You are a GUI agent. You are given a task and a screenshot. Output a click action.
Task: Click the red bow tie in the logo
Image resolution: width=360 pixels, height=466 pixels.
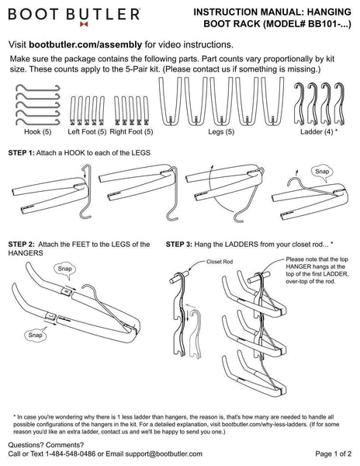pyautogui.click(x=84, y=24)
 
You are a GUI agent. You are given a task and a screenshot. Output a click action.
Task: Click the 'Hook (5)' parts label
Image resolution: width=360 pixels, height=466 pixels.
pyautogui.click(x=38, y=132)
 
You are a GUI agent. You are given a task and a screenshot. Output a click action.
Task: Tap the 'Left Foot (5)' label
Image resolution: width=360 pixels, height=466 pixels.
pyautogui.click(x=87, y=132)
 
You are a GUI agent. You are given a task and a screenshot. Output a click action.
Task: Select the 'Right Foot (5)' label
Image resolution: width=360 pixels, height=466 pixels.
pyautogui.click(x=131, y=132)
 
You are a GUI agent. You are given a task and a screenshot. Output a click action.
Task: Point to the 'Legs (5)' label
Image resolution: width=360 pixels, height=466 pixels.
pyautogui.click(x=221, y=132)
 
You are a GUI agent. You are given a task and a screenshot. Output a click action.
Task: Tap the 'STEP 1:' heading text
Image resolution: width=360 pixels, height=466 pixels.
pyautogui.click(x=22, y=153)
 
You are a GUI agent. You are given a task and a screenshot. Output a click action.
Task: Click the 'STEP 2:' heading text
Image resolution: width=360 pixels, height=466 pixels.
pyautogui.click(x=22, y=245)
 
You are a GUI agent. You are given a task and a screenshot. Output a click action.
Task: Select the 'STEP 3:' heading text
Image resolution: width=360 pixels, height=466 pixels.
pyautogui.click(x=179, y=245)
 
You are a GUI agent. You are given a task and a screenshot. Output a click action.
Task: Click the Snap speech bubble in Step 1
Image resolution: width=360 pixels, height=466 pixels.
pyautogui.click(x=322, y=172)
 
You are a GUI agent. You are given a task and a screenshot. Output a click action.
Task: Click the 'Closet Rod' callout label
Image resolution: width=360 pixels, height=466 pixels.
pyautogui.click(x=220, y=262)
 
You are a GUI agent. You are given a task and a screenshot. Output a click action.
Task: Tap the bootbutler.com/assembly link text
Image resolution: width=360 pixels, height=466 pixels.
pyautogui.click(x=85, y=45)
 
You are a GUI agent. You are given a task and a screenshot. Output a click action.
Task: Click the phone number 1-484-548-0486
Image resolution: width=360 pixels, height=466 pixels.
pyautogui.click(x=71, y=454)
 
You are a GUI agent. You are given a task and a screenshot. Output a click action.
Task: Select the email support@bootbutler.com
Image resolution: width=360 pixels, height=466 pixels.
pyautogui.click(x=164, y=454)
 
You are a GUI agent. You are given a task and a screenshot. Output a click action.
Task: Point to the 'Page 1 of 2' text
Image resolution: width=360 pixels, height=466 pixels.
pyautogui.click(x=334, y=454)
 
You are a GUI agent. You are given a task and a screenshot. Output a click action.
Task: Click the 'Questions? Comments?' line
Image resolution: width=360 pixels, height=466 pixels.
pyautogui.click(x=46, y=445)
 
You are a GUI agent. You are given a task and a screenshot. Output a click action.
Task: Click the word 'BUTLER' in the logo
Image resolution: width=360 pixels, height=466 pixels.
pyautogui.click(x=102, y=14)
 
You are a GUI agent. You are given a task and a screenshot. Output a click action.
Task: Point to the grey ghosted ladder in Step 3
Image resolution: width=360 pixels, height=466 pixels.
pyautogui.click(x=196, y=334)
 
